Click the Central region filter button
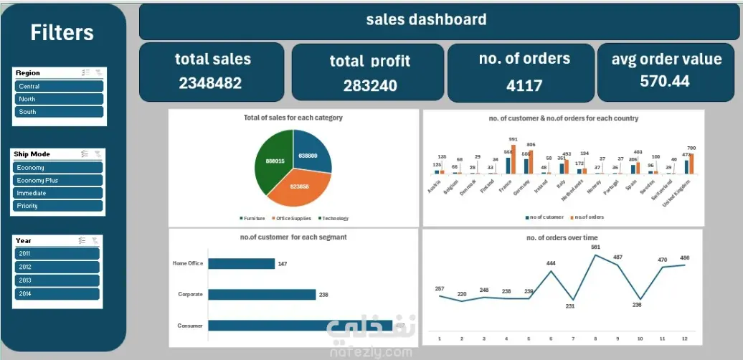coord(59,86)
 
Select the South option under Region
coord(59,112)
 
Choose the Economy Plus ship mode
coord(57,180)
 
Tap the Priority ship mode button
coord(57,206)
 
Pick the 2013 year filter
coord(56,280)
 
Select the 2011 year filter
coord(56,253)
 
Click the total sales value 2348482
coord(210,82)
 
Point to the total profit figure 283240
coord(369,86)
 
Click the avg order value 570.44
coord(665,81)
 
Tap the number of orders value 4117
coord(524,85)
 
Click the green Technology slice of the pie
coord(273,161)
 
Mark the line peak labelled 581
coord(595,255)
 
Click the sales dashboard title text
coord(426,20)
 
